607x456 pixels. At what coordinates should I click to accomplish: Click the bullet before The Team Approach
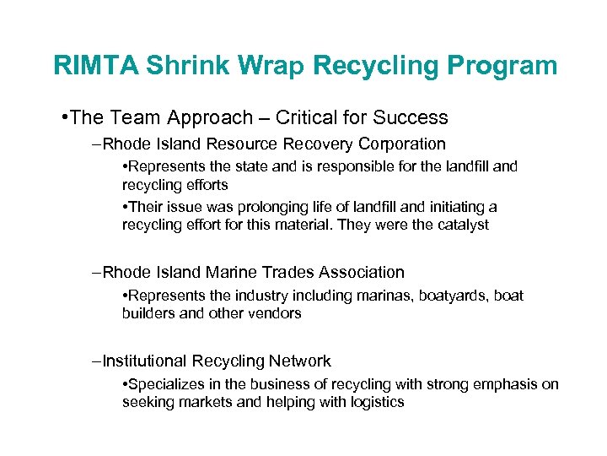65,117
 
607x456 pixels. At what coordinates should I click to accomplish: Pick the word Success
411,117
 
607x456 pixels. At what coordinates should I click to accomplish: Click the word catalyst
460,225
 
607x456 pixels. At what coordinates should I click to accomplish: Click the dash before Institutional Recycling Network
96,361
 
